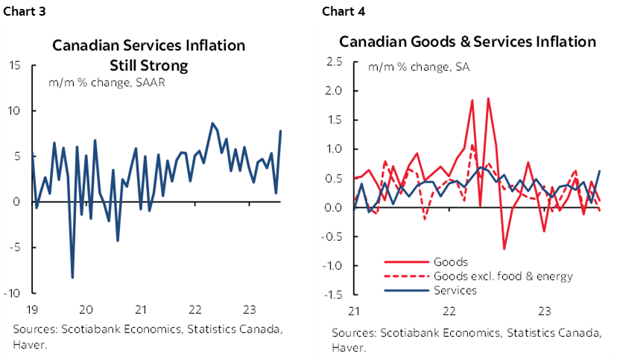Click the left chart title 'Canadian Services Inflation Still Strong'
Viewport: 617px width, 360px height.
click(148, 55)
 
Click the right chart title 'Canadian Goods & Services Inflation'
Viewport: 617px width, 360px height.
click(468, 42)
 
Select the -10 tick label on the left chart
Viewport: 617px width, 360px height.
click(12, 292)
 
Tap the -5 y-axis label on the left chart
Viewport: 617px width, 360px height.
click(15, 247)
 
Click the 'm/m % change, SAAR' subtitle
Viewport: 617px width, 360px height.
click(107, 83)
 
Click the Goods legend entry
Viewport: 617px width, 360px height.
click(450, 262)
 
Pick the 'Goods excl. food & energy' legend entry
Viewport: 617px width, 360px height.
click(502, 277)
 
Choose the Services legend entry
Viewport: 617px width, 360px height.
click(455, 291)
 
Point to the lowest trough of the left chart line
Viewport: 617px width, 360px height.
click(72, 278)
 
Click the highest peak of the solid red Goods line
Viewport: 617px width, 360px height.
click(488, 98)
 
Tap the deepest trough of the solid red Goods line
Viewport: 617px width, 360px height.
click(504, 248)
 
